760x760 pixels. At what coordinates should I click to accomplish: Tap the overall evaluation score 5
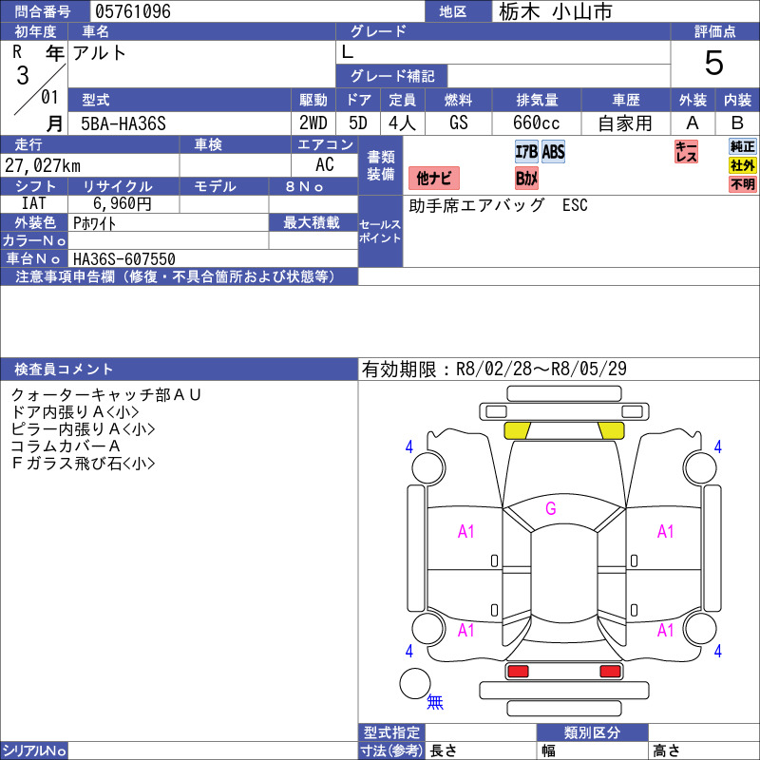tap(714, 64)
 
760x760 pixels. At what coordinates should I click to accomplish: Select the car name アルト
tap(100, 54)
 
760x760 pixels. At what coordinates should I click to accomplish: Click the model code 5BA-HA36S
tap(123, 123)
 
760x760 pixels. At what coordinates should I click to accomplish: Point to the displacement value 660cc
tap(537, 123)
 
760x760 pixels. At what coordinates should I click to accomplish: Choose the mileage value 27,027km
tap(44, 166)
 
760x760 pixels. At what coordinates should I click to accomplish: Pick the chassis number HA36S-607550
tap(123, 258)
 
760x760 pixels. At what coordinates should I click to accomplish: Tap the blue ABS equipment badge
tap(553, 152)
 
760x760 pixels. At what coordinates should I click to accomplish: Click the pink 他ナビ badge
tap(434, 178)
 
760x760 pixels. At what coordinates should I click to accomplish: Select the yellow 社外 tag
tap(743, 165)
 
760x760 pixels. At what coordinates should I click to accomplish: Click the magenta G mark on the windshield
tap(550, 508)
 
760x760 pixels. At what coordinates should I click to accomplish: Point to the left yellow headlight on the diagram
tap(518, 430)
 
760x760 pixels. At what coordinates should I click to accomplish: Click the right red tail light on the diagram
tap(611, 672)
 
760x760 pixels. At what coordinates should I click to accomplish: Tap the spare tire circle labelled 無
tap(415, 685)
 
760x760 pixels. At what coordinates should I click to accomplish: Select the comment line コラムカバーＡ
tap(65, 446)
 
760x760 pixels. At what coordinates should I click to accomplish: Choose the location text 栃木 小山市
tap(556, 11)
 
